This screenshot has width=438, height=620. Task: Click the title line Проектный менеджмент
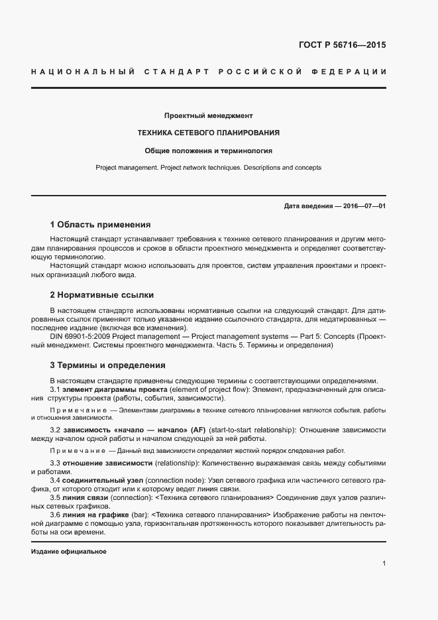click(x=208, y=115)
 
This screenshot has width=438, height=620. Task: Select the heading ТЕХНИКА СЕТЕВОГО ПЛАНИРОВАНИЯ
click(x=208, y=133)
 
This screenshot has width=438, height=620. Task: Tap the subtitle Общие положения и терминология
click(x=208, y=151)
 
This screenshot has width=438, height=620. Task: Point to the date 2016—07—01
click(x=363, y=206)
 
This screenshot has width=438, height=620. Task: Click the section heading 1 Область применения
click(x=100, y=224)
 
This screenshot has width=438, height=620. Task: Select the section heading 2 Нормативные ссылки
click(x=102, y=294)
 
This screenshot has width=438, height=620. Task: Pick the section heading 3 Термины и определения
click(x=107, y=365)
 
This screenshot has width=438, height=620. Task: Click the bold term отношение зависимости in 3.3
click(x=107, y=462)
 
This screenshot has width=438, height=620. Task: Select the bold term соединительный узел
click(x=93, y=479)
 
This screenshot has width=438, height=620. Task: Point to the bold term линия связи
click(x=86, y=497)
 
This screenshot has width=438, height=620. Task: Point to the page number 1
click(x=384, y=564)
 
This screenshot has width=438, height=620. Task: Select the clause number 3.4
click(x=56, y=479)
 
